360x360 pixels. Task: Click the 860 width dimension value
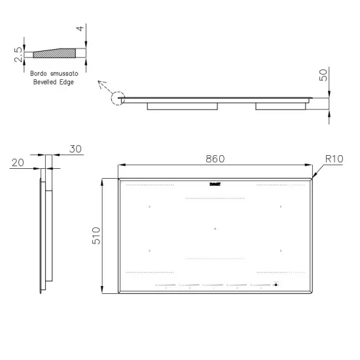click(215, 158)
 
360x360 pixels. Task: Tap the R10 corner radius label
click(334, 158)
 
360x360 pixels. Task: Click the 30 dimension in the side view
click(75, 149)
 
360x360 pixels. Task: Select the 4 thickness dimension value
click(79, 28)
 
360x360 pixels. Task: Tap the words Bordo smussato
click(52, 75)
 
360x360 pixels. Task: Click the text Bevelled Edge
click(52, 82)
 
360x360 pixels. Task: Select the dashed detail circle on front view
click(118, 99)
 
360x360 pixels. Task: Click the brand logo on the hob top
click(215, 185)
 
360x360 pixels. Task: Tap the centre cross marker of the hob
click(215, 228)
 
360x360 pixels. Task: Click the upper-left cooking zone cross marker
click(150, 207)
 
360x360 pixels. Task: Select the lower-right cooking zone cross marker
click(280, 250)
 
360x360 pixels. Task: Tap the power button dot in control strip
click(276, 285)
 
